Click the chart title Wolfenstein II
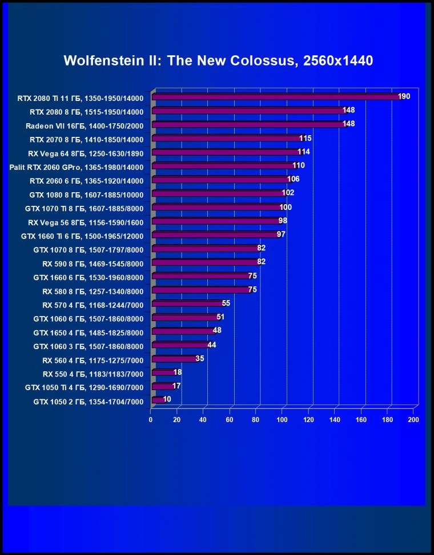pos(218,60)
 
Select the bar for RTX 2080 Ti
pos(277,97)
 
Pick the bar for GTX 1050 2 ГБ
pos(158,400)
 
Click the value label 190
pos(404,96)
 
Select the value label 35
pos(199,359)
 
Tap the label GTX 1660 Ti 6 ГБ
pos(82,236)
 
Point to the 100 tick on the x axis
pos(282,420)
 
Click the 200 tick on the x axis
pos(413,420)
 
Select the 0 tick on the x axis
pos(151,420)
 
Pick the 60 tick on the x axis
pos(230,420)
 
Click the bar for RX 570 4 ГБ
pos(188,304)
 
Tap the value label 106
pos(294,179)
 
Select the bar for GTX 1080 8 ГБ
pos(219,193)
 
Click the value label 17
pos(176,386)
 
